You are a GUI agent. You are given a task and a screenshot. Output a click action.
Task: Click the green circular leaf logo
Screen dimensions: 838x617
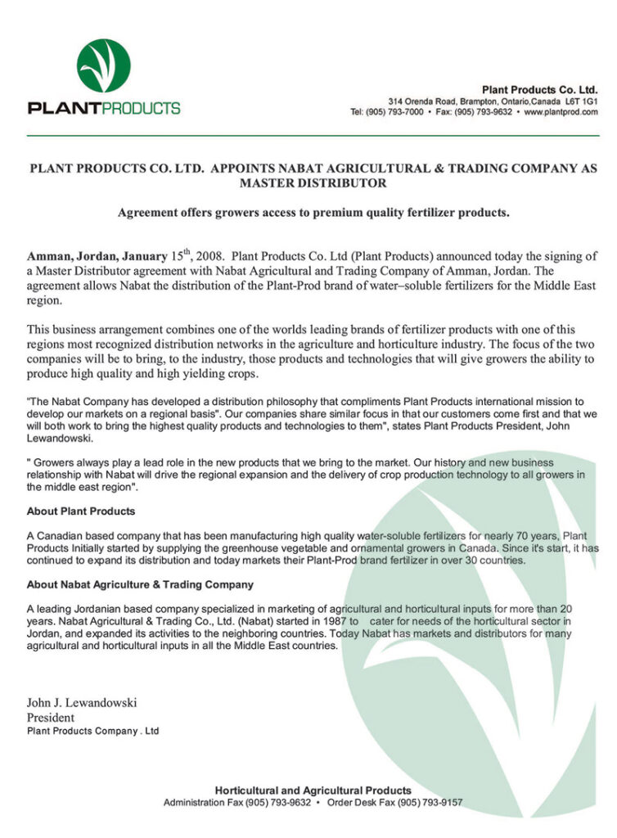pos(103,65)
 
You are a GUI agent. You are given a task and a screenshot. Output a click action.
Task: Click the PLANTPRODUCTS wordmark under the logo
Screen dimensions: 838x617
pos(104,108)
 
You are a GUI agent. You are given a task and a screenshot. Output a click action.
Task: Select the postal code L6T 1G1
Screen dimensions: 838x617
pos(581,101)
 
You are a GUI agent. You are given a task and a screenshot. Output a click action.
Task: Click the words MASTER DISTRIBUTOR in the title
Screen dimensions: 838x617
pos(313,183)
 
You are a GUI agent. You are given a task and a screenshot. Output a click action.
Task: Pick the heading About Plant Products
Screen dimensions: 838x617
pos(81,511)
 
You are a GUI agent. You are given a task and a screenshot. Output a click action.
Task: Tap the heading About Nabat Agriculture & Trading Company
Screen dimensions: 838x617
pos(140,584)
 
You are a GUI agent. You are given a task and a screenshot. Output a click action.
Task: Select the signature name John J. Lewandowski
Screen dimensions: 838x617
pos(82,702)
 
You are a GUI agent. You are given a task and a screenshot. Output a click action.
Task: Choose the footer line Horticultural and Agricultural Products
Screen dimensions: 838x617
pos(313,790)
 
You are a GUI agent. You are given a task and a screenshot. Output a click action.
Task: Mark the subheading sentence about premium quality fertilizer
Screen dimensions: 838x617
pos(313,213)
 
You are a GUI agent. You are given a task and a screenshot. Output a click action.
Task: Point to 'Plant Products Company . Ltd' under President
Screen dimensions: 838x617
pos(92,730)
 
